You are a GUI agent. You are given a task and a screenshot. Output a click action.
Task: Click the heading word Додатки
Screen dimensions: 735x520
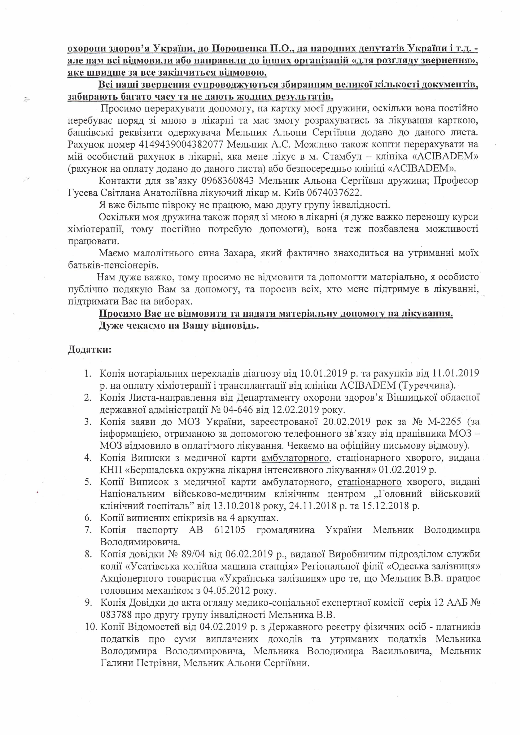(89, 349)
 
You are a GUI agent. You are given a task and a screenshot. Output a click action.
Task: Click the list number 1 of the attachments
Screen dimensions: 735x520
(88, 373)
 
